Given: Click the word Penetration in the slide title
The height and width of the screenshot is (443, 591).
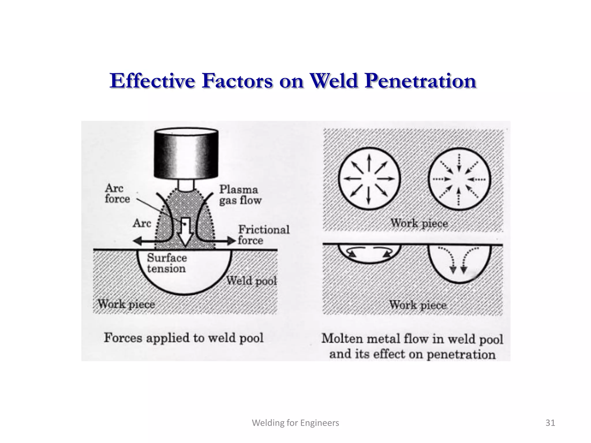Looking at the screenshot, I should coord(420,81).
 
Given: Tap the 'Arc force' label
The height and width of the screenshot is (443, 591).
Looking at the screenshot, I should coord(117,194).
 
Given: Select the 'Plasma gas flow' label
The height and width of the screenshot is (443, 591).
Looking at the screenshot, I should coord(240,195).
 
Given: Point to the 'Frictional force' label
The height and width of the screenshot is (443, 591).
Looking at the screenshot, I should coord(263,235).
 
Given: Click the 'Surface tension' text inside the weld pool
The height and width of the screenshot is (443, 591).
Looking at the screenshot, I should coord(167,263).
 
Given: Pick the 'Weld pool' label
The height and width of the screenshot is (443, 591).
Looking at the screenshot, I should coord(251,281).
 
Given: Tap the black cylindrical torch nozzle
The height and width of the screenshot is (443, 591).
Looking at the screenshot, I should coord(186,153).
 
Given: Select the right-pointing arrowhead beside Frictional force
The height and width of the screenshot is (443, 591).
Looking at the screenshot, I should coord(232,241).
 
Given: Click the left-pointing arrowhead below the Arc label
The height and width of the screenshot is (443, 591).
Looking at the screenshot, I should coord(137,241).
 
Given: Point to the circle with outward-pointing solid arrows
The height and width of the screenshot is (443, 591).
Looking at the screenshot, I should coord(369,179).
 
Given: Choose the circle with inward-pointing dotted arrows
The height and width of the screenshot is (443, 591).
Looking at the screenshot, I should coord(459,179).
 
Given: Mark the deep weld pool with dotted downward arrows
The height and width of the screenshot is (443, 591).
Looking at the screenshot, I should coord(459,262).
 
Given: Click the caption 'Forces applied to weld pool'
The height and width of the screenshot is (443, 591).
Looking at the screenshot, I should coord(184,338).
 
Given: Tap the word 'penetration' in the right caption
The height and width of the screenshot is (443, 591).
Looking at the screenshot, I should coord(461,354).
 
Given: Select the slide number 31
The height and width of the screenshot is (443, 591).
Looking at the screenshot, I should coord(550,423).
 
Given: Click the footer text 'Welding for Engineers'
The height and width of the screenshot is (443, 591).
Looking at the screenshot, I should coord(295,423).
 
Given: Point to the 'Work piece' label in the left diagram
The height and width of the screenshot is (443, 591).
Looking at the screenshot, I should coord(126,304).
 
